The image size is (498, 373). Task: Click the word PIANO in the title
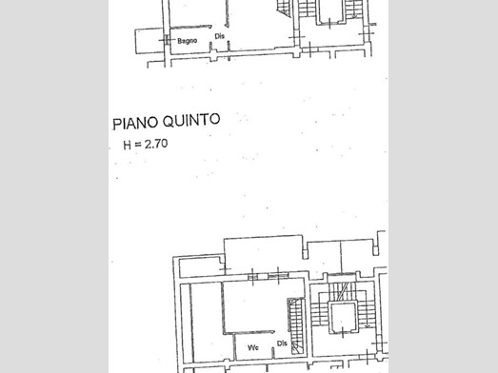point(135,123)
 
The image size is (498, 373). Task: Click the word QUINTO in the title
point(191,120)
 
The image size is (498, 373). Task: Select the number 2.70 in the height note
point(156,144)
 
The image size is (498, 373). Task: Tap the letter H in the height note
point(127,145)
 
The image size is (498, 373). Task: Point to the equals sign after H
point(137,145)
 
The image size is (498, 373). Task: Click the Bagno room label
point(187,41)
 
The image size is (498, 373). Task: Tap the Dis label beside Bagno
point(219,36)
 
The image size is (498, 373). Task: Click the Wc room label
point(253,347)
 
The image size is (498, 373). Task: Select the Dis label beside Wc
point(282,344)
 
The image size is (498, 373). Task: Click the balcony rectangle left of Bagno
point(149,41)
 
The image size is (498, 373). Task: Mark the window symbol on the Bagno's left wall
point(166,40)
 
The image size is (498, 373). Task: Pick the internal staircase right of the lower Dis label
point(296,326)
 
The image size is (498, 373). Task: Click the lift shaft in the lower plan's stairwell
point(342,318)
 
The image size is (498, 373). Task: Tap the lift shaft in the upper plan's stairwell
point(331,11)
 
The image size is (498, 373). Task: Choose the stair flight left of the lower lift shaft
point(319,314)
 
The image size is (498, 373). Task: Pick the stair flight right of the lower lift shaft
point(366,315)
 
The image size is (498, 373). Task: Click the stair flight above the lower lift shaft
point(343,291)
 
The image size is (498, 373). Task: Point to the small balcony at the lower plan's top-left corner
point(201,267)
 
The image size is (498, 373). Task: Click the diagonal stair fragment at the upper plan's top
point(284,8)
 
